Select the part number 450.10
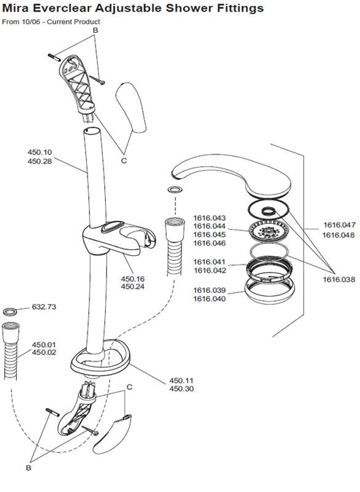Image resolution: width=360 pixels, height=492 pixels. [x=40, y=152]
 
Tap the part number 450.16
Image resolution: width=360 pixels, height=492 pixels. [x=132, y=278]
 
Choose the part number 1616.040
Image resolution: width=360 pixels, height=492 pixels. [x=209, y=298]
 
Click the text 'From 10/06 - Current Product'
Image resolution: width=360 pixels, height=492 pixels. [x=50, y=22]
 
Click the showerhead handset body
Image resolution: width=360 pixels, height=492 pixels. [x=211, y=176]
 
